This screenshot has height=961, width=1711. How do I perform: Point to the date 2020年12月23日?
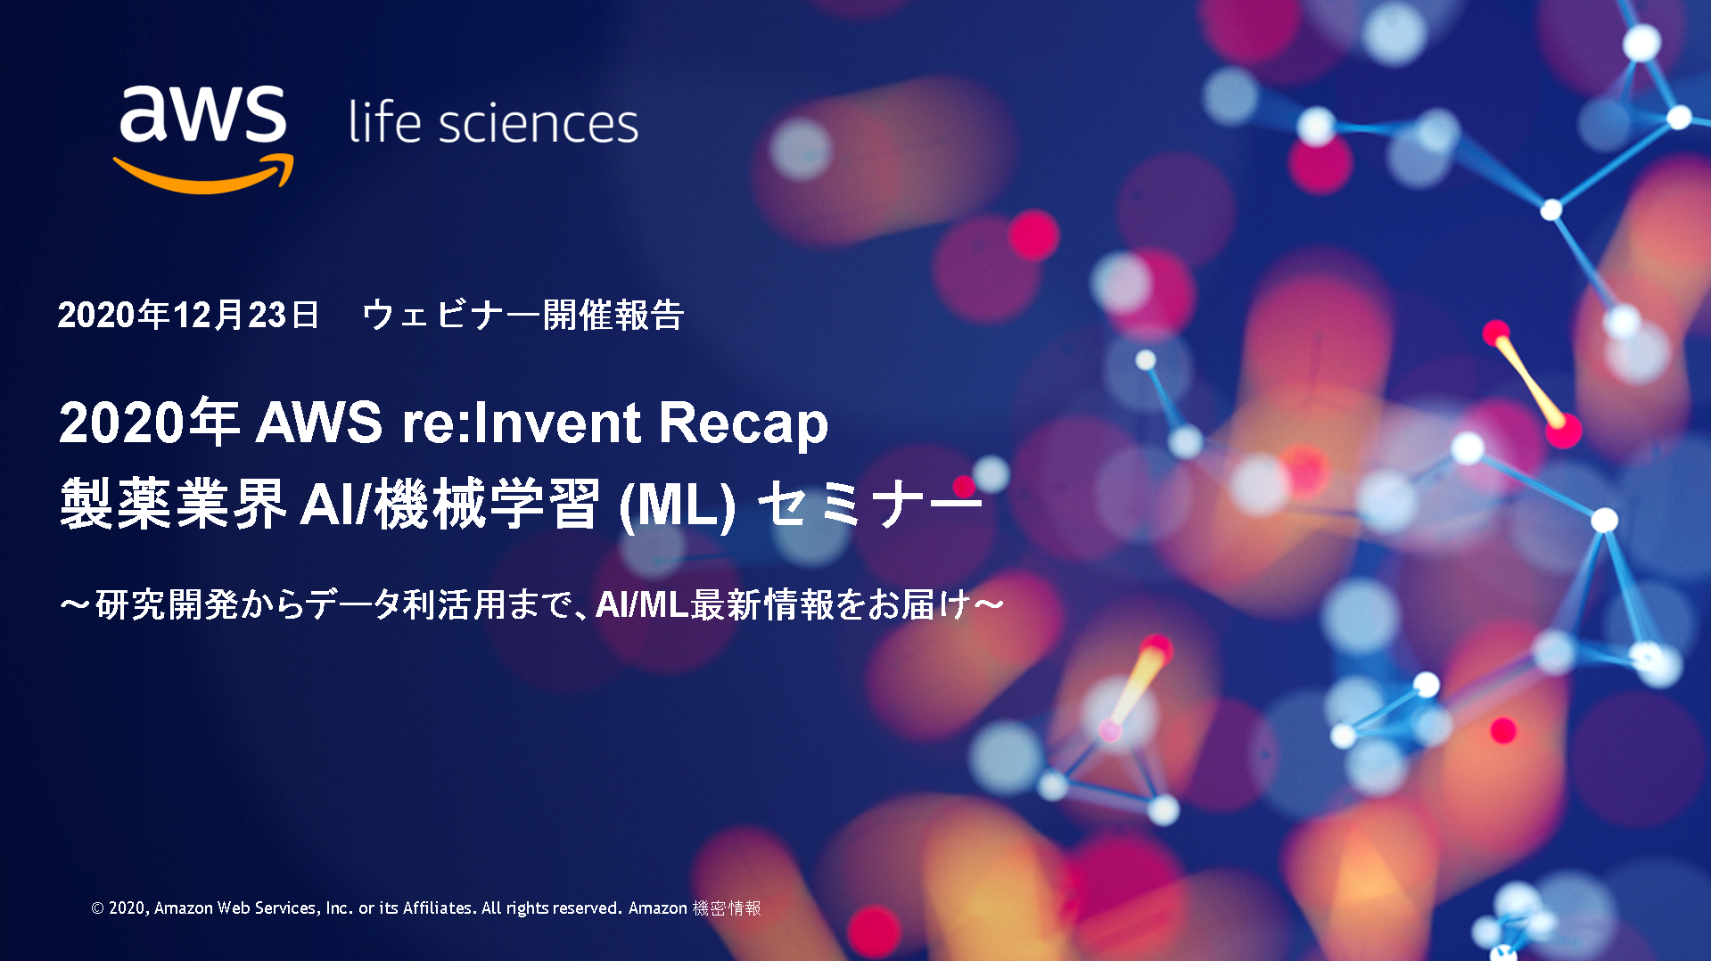click(188, 315)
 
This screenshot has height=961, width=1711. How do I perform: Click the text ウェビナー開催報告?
click(523, 315)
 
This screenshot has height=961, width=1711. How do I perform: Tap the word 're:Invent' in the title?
click(522, 422)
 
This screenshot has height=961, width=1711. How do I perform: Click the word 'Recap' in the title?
click(744, 423)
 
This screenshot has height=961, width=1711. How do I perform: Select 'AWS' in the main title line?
click(319, 422)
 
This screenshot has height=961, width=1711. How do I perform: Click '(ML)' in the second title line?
click(678, 505)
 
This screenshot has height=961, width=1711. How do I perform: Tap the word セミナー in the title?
click(869, 504)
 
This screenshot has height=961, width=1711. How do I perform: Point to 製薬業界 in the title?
click(173, 504)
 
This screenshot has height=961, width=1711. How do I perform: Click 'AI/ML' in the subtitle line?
click(642, 604)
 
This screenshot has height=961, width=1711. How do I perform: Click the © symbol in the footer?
click(97, 908)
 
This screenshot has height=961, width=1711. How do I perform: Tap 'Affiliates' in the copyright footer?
click(438, 908)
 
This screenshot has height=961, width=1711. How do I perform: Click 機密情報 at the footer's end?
click(727, 908)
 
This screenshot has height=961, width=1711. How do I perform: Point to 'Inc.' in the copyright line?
click(339, 908)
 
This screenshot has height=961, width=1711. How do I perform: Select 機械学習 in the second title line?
click(486, 504)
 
